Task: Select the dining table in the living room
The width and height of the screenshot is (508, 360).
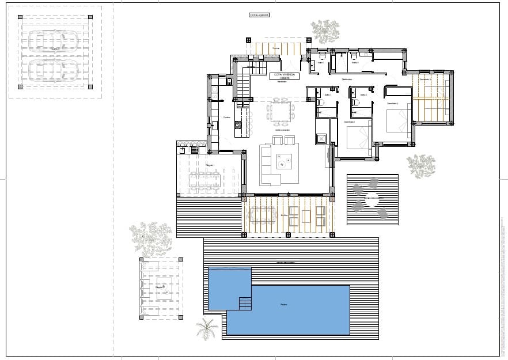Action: coord(280,111)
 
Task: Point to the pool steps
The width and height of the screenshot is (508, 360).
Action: coord(245,302)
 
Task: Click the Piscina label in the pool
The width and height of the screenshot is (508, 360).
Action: coord(283,304)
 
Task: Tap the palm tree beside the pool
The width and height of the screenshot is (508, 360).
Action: coord(207,329)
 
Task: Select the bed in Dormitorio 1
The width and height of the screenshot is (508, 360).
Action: coord(358,138)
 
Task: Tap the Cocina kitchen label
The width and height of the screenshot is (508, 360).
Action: coord(227,118)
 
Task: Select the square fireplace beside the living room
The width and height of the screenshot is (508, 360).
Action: coord(321,138)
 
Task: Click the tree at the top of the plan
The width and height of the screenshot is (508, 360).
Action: coord(325,30)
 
